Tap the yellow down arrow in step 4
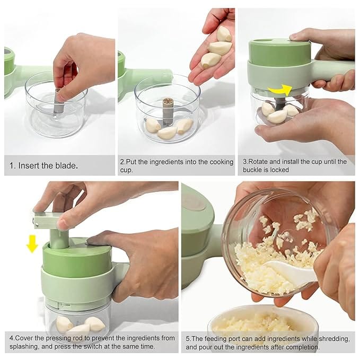[32, 243]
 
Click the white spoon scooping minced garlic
[291, 273]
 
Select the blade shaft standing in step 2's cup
[168, 111]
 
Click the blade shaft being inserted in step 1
[57, 101]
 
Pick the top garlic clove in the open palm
[224, 34]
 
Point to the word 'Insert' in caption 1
[28, 165]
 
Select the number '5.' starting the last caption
[188, 339]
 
